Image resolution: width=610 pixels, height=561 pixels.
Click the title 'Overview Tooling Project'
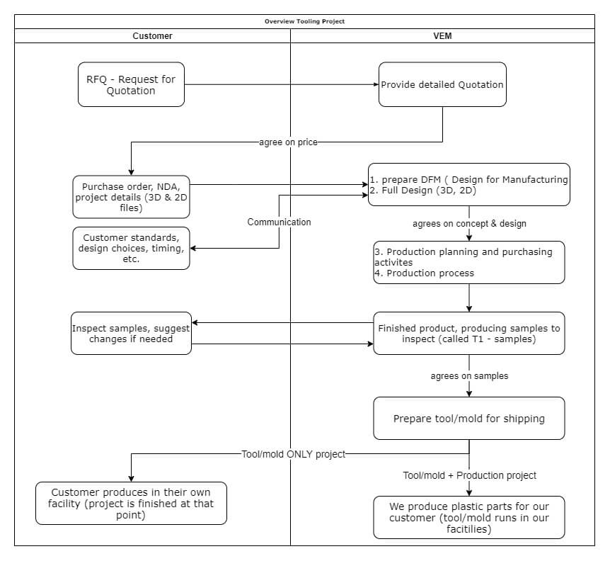[x=304, y=21]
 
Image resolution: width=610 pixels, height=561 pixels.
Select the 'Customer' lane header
[x=152, y=35]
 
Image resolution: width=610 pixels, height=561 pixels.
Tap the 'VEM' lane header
[x=443, y=35]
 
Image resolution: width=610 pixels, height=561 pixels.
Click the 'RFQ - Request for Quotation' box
[x=131, y=85]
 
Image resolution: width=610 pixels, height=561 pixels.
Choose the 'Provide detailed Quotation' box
[x=442, y=84]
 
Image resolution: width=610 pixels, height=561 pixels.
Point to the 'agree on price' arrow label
[x=288, y=142]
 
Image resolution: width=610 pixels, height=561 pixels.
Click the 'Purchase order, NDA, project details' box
[x=131, y=196]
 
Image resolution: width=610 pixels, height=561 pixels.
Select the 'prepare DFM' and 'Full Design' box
[x=468, y=185]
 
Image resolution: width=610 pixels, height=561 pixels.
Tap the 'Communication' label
[x=279, y=222]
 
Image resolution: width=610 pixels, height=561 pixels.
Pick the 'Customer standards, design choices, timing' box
[x=131, y=248]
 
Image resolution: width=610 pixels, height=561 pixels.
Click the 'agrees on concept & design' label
[x=469, y=224]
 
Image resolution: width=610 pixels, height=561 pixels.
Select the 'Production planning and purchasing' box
[x=468, y=262]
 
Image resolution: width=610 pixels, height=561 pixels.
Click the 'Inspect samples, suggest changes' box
[x=131, y=333]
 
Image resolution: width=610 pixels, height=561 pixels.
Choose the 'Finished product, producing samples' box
[x=468, y=333]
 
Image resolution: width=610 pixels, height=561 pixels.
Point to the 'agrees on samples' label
[x=469, y=375]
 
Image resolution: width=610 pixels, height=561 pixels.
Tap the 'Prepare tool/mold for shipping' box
[x=468, y=418]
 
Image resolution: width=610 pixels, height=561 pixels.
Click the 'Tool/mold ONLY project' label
[x=293, y=454]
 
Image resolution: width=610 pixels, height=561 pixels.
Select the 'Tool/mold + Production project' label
[x=469, y=475]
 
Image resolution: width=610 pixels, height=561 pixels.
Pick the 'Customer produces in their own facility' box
[x=131, y=503]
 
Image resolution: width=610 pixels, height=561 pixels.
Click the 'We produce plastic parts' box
[x=468, y=517]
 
